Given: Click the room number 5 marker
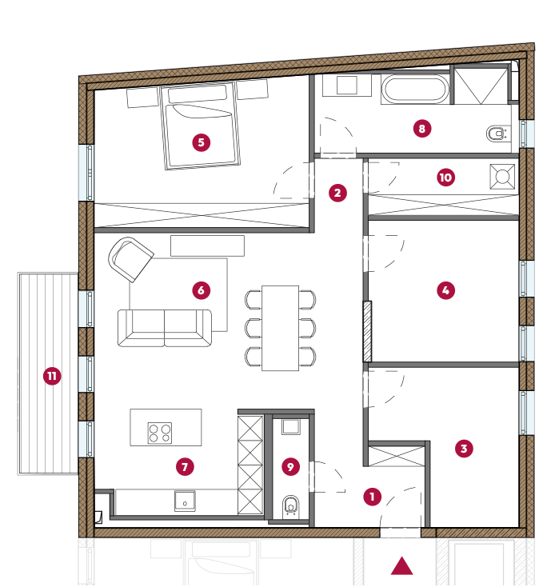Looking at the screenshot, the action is coord(202,142).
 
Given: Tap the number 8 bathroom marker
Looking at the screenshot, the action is coord(422,129).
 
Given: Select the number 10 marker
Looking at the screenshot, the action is coord(445,178).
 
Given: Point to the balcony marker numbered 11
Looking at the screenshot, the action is coord(52,376).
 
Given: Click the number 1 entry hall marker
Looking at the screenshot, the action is coord(373,497).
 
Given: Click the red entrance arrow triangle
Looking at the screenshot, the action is coord(402,565).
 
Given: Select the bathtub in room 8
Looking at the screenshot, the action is coord(415,89).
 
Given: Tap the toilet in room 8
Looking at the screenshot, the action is coord(497,134).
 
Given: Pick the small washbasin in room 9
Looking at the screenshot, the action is coord(291,427).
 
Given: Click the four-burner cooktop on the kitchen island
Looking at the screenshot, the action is coord(160,433).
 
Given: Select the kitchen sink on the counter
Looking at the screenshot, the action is coord(185,501).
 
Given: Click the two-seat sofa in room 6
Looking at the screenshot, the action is coord(165,328).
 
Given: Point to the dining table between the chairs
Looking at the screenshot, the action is coord(281,329).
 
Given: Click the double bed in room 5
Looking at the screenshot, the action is coord(200,126).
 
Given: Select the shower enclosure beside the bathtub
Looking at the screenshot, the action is coord(481,85).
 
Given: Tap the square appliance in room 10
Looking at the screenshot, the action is coord(502,176).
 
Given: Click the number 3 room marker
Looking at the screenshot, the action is coord(464,449).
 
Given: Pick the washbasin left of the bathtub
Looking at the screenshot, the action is coord(346,86).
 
